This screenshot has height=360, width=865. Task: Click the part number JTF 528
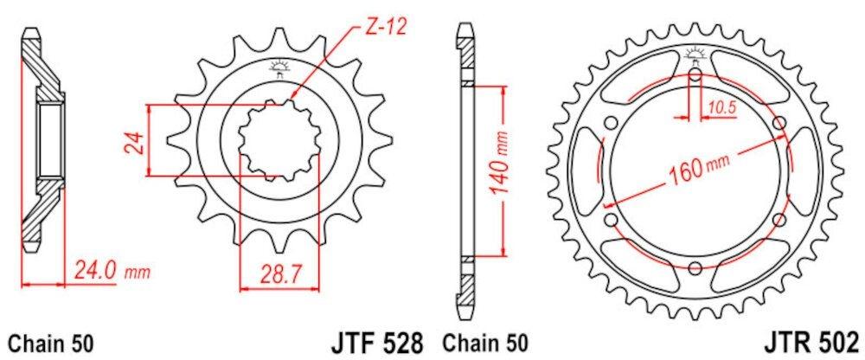pos(377,342)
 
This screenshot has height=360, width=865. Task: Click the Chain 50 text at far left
pos(51,343)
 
